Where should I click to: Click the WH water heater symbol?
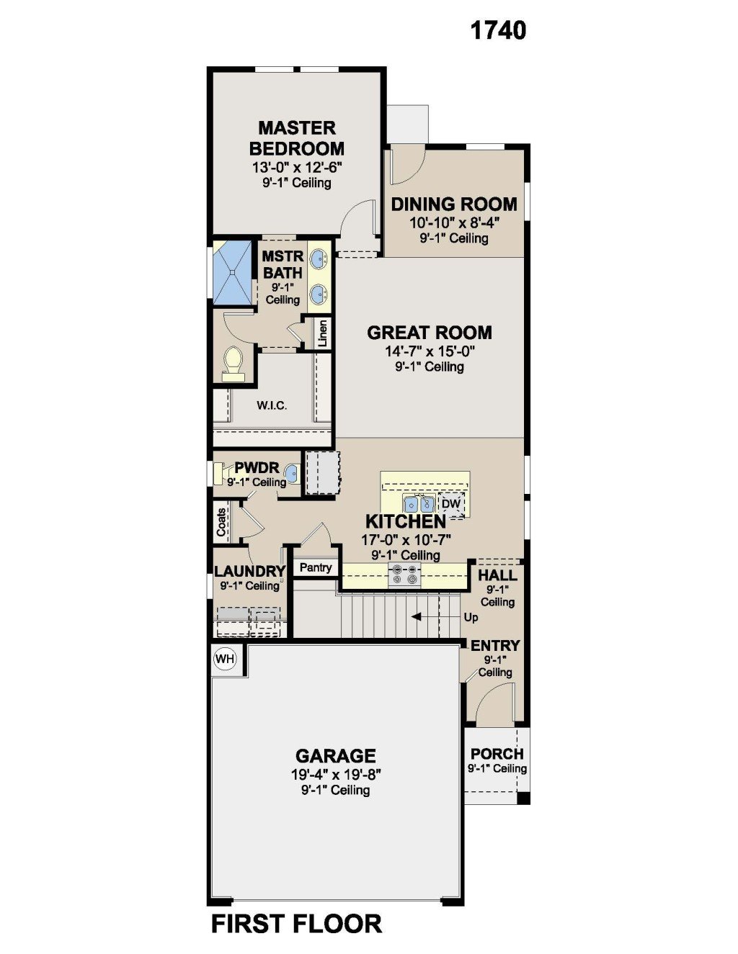226,659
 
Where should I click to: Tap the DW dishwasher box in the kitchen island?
451,503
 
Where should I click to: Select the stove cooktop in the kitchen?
404,575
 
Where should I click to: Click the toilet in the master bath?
233,364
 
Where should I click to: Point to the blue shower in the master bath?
232,272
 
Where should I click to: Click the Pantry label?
316,567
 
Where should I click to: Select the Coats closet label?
221,522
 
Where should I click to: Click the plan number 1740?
498,31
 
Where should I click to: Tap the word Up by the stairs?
471,618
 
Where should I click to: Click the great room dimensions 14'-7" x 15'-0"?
430,351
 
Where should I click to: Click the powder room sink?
291,474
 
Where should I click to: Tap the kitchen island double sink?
419,504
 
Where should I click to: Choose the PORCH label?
497,754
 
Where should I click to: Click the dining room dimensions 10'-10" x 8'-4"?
455,222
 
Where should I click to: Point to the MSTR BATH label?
283,264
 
